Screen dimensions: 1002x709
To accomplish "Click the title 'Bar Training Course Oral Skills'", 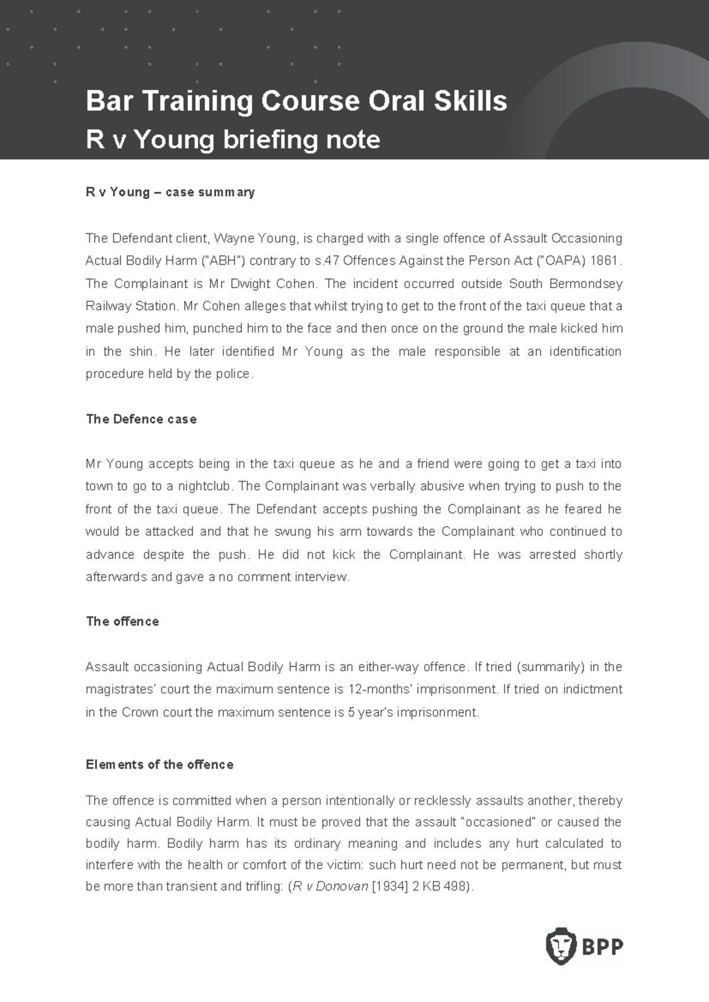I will (x=296, y=101).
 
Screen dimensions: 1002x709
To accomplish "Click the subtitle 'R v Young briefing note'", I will (x=233, y=140).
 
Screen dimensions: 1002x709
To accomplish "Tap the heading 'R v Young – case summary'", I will (x=170, y=192).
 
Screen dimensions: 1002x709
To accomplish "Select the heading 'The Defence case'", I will (x=141, y=419).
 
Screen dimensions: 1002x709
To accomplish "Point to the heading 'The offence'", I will (x=122, y=621).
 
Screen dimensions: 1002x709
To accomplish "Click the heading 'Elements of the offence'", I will (x=160, y=764).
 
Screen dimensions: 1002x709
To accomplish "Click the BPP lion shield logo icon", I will (x=560, y=946).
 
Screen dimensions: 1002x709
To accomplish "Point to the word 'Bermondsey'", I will (x=586, y=284).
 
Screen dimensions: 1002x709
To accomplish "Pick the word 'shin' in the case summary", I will (x=141, y=352).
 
